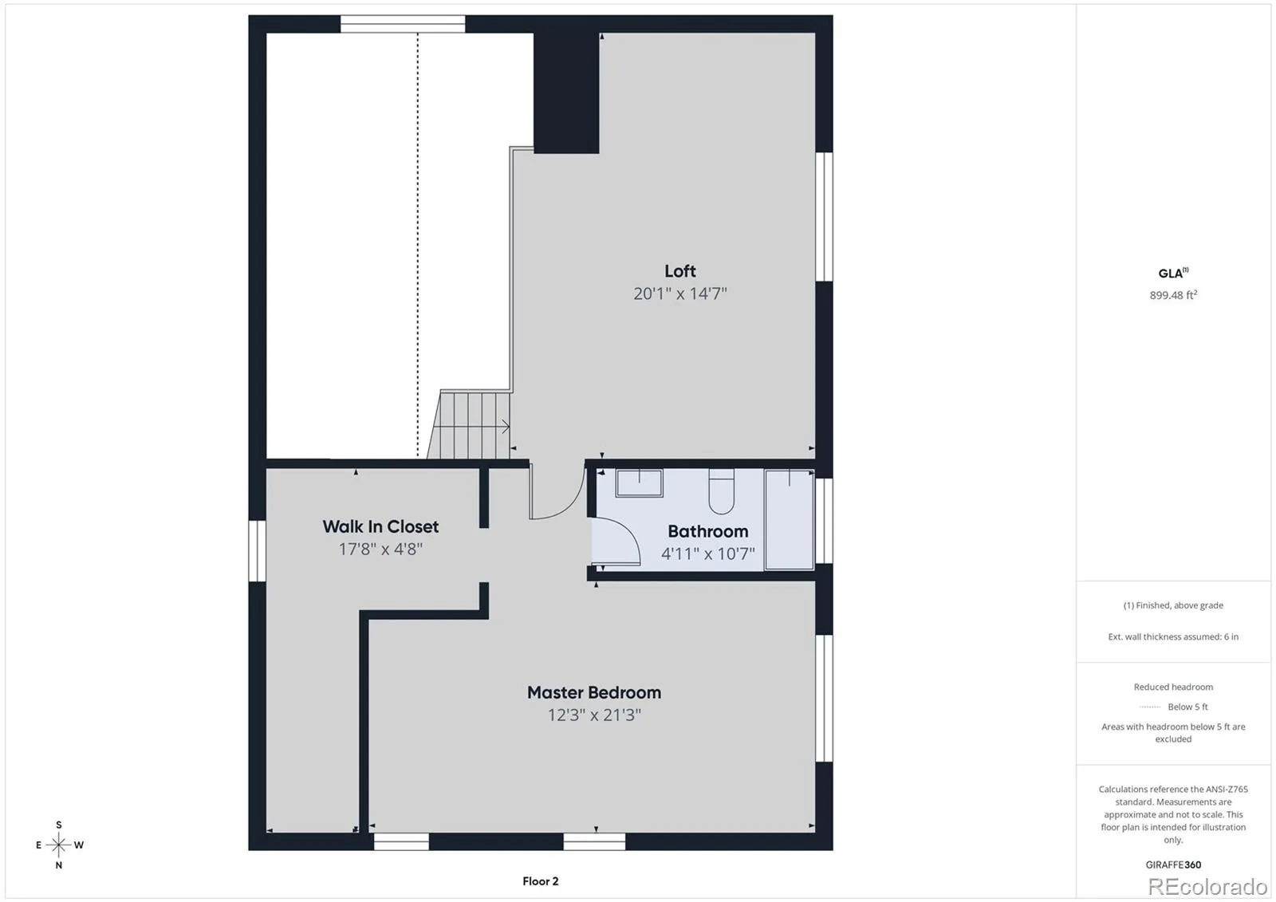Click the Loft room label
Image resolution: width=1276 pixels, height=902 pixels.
tap(679, 270)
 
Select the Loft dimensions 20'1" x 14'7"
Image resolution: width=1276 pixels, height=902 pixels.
tap(680, 293)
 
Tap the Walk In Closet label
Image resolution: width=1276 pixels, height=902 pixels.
tap(380, 526)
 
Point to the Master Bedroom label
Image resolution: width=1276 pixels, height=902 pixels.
tap(594, 692)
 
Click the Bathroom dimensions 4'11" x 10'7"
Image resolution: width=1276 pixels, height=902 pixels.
tap(707, 553)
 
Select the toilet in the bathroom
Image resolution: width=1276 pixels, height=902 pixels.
tap(721, 491)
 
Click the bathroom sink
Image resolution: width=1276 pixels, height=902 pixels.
tap(639, 483)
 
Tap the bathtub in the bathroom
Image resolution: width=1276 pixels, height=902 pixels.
tap(789, 519)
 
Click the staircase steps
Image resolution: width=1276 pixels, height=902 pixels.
tap(470, 424)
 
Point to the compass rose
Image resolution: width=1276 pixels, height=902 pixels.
tap(58, 845)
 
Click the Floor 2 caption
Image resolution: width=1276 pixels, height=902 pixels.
tap(541, 881)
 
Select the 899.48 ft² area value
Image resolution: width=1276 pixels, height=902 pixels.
tap(1173, 294)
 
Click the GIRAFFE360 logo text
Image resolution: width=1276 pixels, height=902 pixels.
tap(1173, 865)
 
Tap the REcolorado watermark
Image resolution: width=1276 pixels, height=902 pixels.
tap(1207, 887)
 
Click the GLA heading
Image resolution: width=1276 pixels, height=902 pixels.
tap(1173, 273)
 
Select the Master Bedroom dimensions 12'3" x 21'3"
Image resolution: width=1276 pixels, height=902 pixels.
tap(594, 715)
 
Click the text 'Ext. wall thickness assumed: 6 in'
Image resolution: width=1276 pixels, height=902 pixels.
tap(1173, 636)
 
